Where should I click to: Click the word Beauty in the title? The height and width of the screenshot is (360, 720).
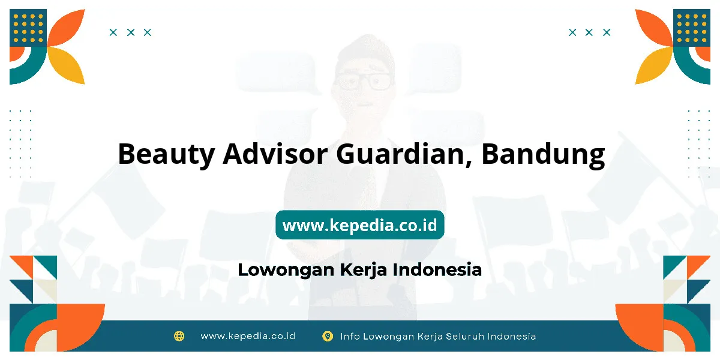(x=166, y=155)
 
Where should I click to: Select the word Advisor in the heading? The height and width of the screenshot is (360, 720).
(x=275, y=154)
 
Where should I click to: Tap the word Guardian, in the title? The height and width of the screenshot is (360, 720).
(x=404, y=155)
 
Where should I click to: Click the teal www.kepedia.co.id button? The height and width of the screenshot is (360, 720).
(x=359, y=224)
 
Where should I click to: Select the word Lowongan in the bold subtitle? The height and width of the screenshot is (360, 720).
(x=286, y=270)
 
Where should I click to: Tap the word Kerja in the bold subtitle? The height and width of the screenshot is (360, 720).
(x=364, y=270)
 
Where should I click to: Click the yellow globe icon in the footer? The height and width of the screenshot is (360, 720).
(x=179, y=336)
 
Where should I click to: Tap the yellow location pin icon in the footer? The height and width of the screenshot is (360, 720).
(x=328, y=336)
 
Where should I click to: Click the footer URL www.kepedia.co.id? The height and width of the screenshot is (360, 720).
(x=248, y=336)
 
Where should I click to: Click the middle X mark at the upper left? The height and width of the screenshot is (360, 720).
(x=131, y=32)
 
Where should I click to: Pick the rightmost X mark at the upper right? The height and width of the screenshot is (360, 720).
(x=607, y=32)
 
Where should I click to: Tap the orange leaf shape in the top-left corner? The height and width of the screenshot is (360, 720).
(x=66, y=28)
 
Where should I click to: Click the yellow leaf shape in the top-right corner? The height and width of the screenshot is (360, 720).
(x=654, y=65)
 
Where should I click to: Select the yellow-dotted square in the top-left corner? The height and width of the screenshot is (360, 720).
(x=28, y=28)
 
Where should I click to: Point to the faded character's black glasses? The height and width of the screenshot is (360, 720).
(x=364, y=81)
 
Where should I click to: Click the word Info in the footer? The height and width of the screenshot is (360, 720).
(x=350, y=336)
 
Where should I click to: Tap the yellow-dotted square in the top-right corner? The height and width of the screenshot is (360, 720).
(x=692, y=28)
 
